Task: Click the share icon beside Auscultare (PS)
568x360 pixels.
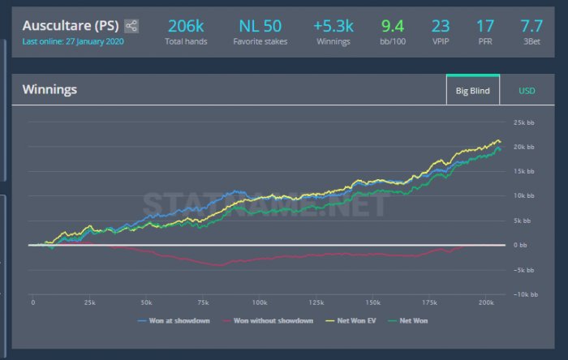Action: coord(131,26)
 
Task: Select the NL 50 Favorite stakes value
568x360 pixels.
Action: coord(260,25)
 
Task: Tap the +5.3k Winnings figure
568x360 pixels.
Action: coord(333,25)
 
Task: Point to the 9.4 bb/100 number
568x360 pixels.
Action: coord(393,25)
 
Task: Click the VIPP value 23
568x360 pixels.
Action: coord(441,25)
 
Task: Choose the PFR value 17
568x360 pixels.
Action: coord(486,25)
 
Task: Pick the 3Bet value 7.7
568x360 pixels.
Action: coord(531,25)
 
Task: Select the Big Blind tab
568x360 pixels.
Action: coord(473,91)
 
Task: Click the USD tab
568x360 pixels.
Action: coord(527,91)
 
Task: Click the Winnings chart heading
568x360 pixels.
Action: coord(49,89)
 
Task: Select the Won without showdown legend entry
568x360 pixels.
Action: coord(273,321)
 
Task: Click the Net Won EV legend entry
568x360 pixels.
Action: coord(353,321)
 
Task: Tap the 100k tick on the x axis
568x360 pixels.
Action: coord(259,302)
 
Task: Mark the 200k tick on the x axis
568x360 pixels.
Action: coord(485,302)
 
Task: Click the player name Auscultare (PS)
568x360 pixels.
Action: coord(71,25)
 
